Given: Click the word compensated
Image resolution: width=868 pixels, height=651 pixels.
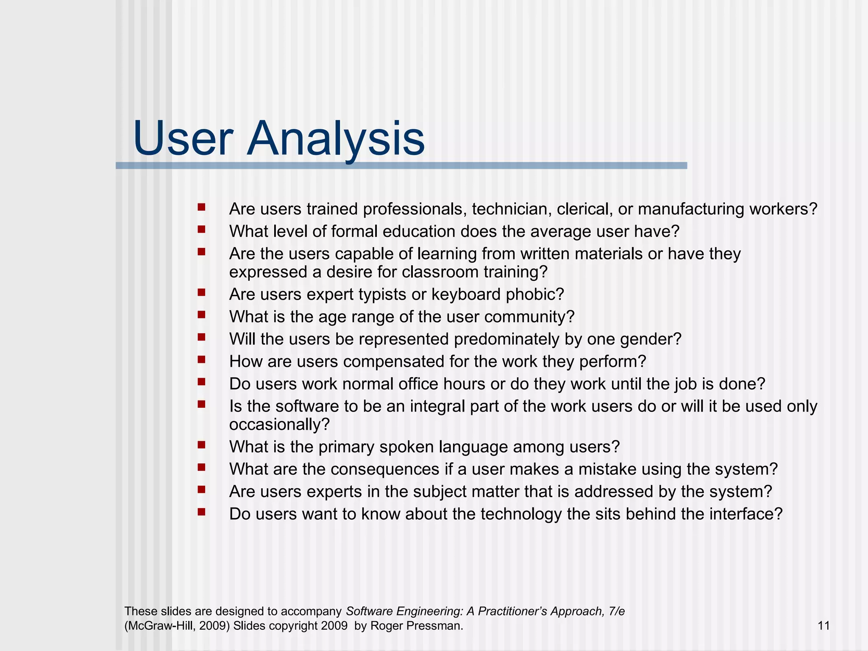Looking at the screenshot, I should pos(394,362).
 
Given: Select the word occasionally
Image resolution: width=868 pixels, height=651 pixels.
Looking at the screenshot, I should pos(279,424).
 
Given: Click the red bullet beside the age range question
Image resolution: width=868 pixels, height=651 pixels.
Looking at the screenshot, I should pos(201,314).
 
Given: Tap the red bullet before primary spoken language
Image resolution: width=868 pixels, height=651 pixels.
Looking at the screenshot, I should pos(201,445).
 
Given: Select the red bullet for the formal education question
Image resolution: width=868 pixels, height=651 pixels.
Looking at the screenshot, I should pos(201,229).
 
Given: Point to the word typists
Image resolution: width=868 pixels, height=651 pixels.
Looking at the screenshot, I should pos(382,294).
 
